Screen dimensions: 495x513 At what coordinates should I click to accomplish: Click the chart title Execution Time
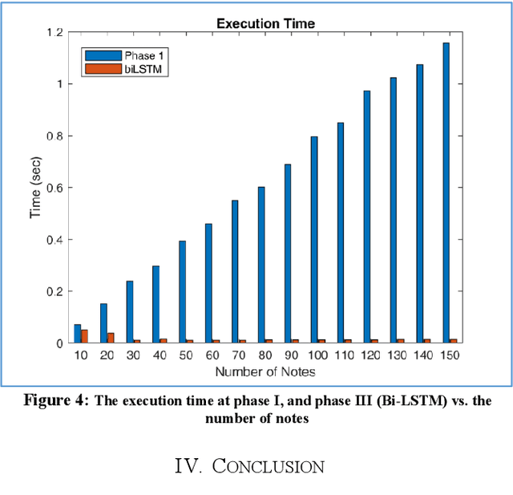point(265,24)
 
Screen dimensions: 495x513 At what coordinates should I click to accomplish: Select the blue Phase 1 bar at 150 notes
point(446,193)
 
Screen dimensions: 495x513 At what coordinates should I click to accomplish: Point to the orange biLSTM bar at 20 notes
point(111,338)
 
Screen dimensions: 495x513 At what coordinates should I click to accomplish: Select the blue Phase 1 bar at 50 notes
point(182,291)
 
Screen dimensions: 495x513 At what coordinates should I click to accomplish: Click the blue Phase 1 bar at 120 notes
point(366,217)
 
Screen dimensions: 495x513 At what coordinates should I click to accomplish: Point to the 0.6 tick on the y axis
point(52,188)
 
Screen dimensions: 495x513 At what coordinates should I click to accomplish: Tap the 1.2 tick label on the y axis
point(52,32)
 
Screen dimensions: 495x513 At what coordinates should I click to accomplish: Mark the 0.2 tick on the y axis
point(52,291)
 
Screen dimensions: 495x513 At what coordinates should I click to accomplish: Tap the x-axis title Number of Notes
point(265,371)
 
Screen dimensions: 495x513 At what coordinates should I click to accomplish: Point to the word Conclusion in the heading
point(268,466)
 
